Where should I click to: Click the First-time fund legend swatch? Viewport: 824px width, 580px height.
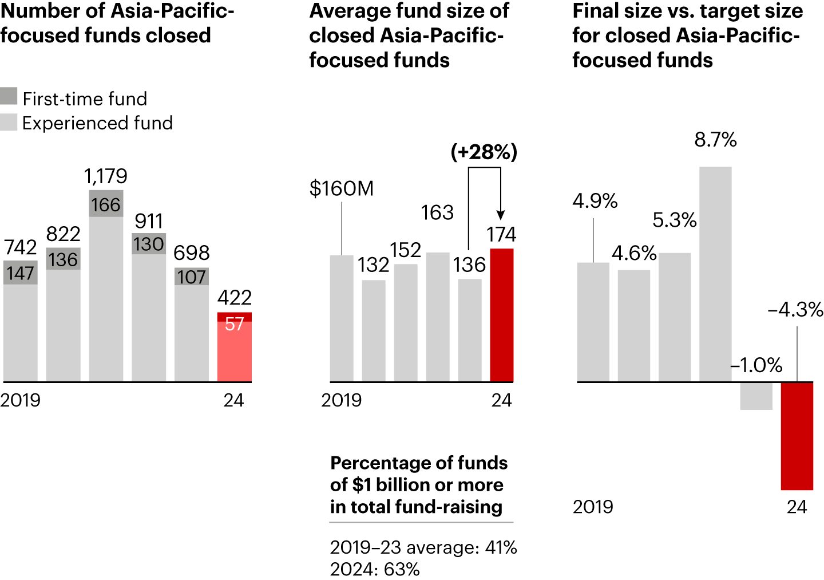click(x=9, y=96)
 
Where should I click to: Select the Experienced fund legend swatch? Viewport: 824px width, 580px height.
click(x=9, y=122)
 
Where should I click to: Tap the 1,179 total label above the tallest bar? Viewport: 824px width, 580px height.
click(x=105, y=176)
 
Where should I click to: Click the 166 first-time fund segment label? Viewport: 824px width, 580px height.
click(x=106, y=204)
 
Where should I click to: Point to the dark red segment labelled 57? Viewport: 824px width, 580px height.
click(x=235, y=317)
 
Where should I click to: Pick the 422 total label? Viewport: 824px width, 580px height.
click(x=235, y=297)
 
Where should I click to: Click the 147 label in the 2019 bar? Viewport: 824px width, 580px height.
click(x=21, y=273)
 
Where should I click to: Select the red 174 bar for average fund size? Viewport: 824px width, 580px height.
click(x=502, y=315)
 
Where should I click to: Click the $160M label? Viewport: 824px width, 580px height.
click(x=341, y=188)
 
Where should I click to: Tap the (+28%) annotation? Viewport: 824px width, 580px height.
click(x=484, y=152)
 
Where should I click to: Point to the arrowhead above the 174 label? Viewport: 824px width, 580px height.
click(x=501, y=215)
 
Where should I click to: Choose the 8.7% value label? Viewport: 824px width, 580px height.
click(x=715, y=140)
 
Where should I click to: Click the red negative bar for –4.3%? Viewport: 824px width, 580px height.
click(x=797, y=435)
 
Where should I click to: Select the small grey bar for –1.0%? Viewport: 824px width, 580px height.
click(x=756, y=396)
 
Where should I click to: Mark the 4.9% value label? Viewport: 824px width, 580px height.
click(x=595, y=201)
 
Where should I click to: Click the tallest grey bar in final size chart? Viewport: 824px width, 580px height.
click(x=715, y=275)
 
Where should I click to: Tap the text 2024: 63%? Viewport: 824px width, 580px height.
click(x=375, y=569)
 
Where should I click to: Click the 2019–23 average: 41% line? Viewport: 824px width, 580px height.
click(x=423, y=547)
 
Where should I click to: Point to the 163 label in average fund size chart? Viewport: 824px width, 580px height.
click(x=437, y=212)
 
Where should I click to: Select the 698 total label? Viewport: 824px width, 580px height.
click(x=192, y=252)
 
